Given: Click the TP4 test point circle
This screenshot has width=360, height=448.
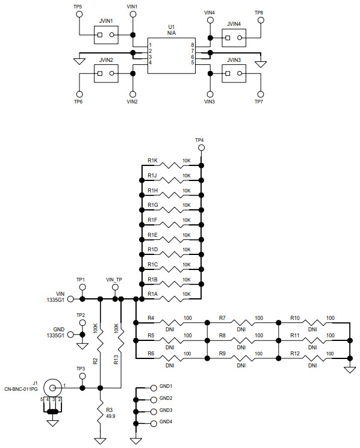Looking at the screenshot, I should [202, 148].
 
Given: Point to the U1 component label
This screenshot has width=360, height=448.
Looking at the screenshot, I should [171, 27].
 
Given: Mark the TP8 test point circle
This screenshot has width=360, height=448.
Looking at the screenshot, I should [262, 19].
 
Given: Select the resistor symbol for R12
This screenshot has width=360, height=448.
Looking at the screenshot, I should [312, 358].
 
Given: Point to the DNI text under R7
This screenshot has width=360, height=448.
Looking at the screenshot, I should [241, 330].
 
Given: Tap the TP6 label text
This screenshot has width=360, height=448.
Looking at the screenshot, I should [78, 102].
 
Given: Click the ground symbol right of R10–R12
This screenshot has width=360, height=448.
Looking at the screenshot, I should [349, 369].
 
